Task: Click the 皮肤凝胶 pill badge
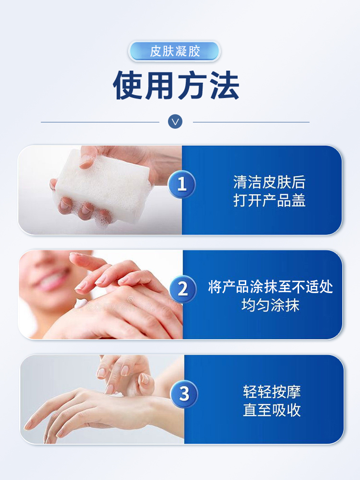click(174, 51)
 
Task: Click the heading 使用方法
click(176, 86)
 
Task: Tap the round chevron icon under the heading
click(175, 122)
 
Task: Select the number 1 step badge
click(182, 185)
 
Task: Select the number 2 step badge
click(182, 289)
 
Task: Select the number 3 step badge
click(184, 394)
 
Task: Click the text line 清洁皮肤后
click(269, 182)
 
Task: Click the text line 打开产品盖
click(269, 200)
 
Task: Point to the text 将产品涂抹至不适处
click(270, 287)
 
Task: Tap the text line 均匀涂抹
click(270, 306)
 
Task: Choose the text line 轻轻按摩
click(272, 392)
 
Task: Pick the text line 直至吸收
click(272, 410)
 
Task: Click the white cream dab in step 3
click(117, 395)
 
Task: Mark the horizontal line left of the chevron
click(100, 122)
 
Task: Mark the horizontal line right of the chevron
click(251, 122)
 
